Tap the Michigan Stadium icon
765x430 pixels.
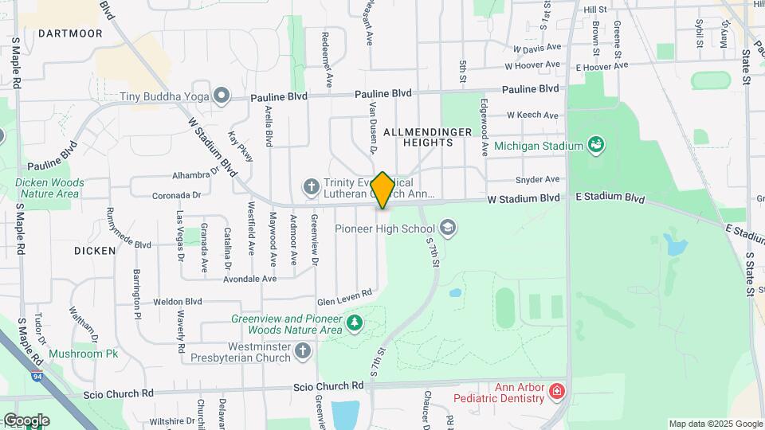594,145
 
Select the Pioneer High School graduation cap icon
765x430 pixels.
448,229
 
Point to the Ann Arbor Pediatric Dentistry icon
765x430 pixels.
556,391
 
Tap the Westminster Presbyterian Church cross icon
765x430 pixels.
303,350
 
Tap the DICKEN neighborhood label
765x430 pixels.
95,250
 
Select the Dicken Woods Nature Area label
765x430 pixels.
50,187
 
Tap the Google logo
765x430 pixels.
25,420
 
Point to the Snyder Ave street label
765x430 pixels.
537,180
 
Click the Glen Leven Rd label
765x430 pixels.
344,295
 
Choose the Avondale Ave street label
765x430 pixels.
249,279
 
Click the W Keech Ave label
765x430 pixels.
532,115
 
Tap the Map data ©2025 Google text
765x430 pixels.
715,424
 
